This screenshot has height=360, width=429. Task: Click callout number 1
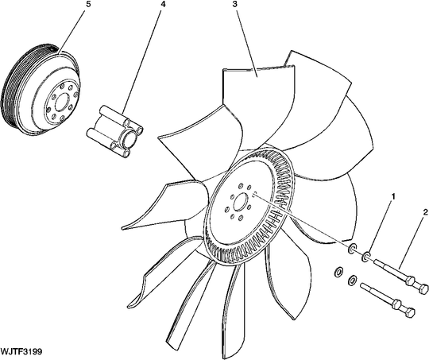point(393,196)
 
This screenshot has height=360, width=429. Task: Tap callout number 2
point(425,212)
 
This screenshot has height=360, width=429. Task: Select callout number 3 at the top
point(235,4)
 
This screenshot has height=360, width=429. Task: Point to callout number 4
point(163,4)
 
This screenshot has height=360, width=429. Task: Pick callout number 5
point(88,4)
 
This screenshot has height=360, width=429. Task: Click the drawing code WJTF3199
point(21,351)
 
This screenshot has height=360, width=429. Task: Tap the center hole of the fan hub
point(240,202)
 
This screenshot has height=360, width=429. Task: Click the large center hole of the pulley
point(63,102)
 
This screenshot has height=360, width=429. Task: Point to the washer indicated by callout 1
point(365,257)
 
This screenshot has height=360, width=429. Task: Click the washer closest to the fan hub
point(352,247)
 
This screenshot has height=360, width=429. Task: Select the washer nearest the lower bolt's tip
point(352,279)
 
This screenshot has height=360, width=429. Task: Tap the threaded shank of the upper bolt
point(391,270)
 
